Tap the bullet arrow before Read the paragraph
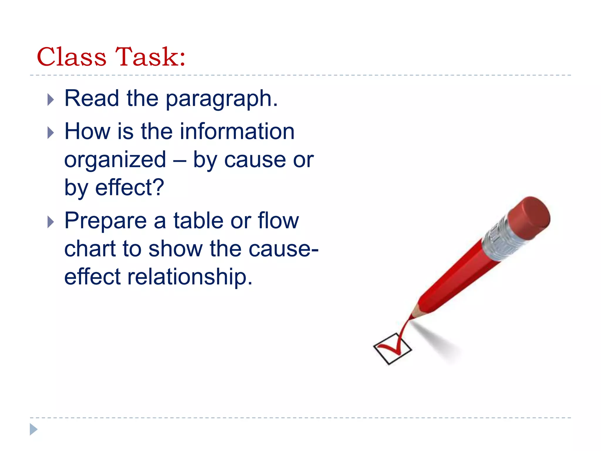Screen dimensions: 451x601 tap(50, 100)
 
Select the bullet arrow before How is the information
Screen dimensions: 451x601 tap(50, 133)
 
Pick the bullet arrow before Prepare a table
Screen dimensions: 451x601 tap(50, 222)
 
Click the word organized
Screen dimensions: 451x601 tap(115, 160)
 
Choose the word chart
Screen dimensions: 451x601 tap(90, 249)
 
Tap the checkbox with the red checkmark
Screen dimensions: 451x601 tap(392, 349)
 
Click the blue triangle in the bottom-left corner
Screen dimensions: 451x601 tap(33, 429)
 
